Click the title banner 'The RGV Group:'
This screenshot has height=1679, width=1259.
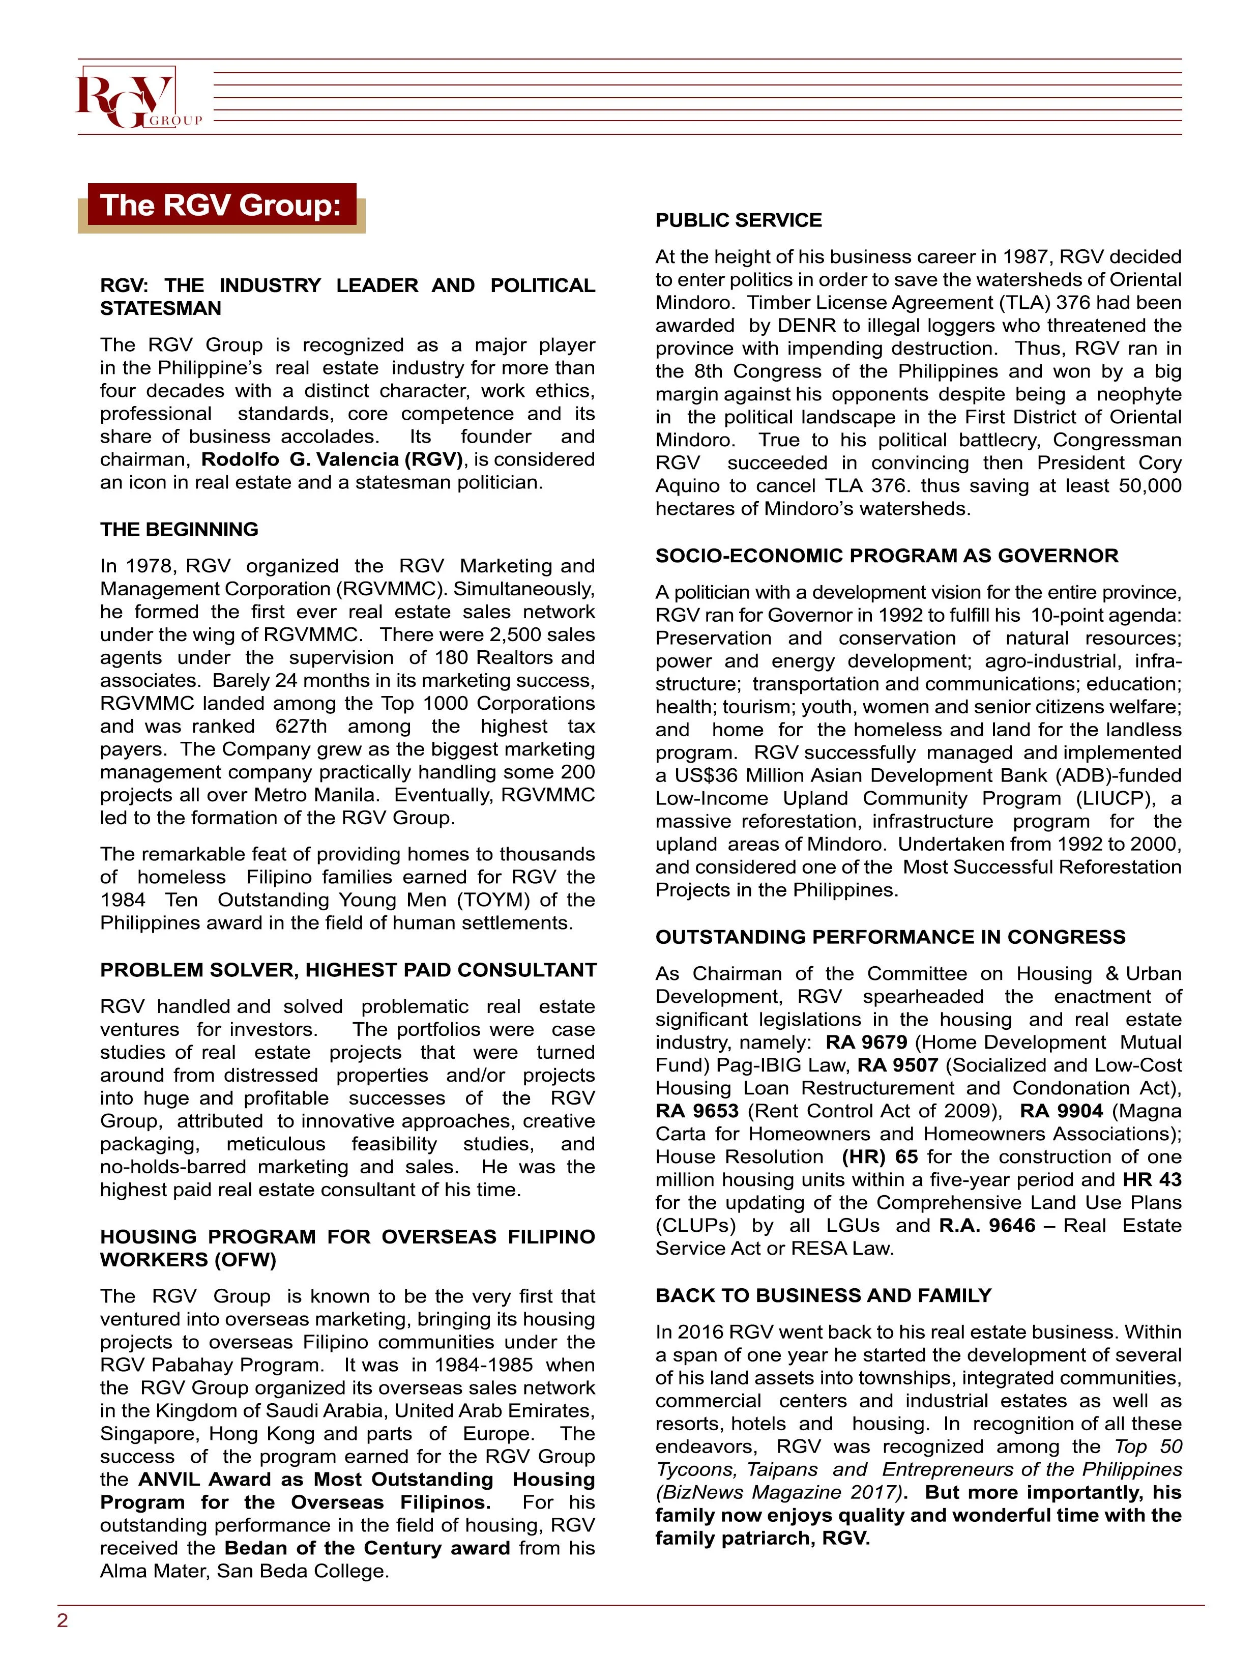[x=221, y=205]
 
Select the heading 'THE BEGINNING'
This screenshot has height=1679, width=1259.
[x=179, y=529]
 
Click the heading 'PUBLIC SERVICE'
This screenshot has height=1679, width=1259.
[x=739, y=220]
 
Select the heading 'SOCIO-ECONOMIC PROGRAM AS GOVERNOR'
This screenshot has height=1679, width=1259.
[x=886, y=556]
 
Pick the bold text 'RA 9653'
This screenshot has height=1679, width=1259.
[x=697, y=1111]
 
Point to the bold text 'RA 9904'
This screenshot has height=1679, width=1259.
[x=1061, y=1111]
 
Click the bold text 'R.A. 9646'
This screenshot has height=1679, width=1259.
[x=986, y=1225]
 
